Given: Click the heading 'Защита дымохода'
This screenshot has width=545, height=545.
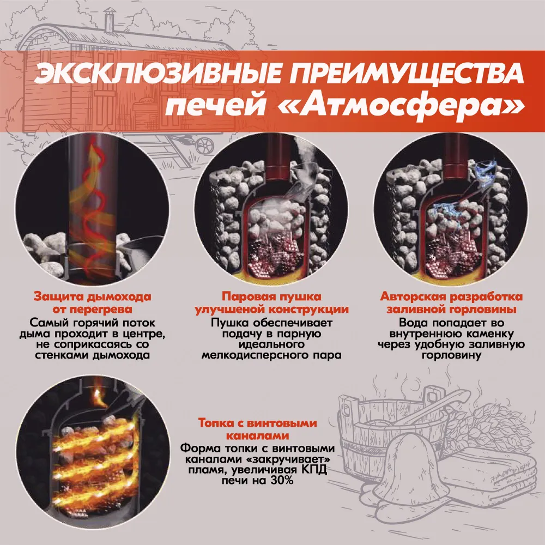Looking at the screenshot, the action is tap(92, 296).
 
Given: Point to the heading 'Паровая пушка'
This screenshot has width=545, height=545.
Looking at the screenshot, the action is tap(271, 296).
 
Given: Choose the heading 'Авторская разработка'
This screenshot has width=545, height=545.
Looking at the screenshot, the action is tap(451, 296).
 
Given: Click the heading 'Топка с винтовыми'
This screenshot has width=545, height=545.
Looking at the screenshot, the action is tap(258, 423).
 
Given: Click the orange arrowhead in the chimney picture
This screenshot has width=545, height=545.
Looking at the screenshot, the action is tap(93, 153).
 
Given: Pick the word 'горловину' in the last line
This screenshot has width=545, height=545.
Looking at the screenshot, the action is tap(451, 355).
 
